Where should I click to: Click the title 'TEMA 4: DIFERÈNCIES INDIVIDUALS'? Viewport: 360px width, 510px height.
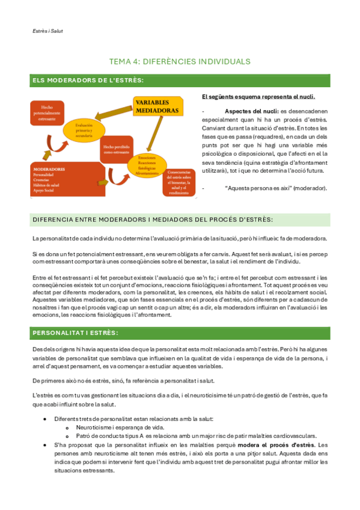point(180,61)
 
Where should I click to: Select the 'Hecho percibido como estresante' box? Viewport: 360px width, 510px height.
point(117,148)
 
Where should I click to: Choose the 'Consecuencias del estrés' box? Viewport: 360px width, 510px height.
point(178,180)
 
